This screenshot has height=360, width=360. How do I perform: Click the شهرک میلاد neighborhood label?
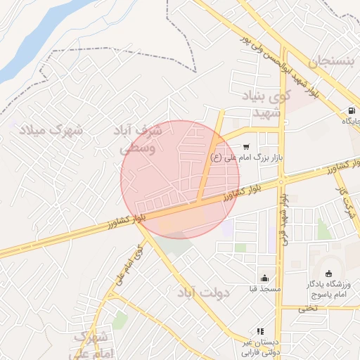click(x=51, y=131)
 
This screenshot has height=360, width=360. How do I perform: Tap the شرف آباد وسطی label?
click(x=139, y=139)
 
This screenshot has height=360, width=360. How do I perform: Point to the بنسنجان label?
click(x=324, y=60)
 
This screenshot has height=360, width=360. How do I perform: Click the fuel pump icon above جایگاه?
click(x=351, y=110)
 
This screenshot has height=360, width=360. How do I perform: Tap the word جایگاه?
click(x=349, y=122)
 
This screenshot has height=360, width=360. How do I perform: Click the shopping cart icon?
click(x=245, y=147)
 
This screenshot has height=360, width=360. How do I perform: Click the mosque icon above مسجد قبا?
click(x=264, y=278)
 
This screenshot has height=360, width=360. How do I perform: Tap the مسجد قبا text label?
click(x=264, y=289)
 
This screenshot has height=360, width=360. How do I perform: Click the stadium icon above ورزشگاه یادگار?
click(x=329, y=274)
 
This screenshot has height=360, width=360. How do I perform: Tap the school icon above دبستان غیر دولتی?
click(x=260, y=331)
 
